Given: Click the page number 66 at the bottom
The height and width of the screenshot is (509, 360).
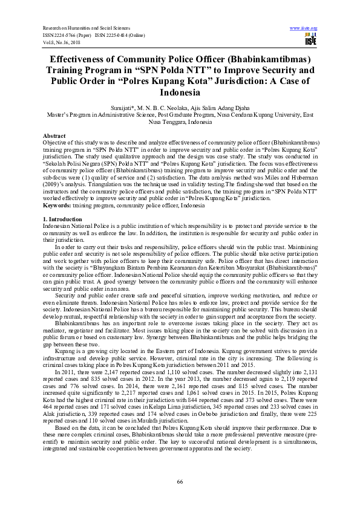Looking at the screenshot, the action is [x=180, y=481].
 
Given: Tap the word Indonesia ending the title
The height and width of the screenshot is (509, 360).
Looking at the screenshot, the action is [x=180, y=94].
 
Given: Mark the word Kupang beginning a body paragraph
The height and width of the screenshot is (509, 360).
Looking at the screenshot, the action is [x=65, y=351].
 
